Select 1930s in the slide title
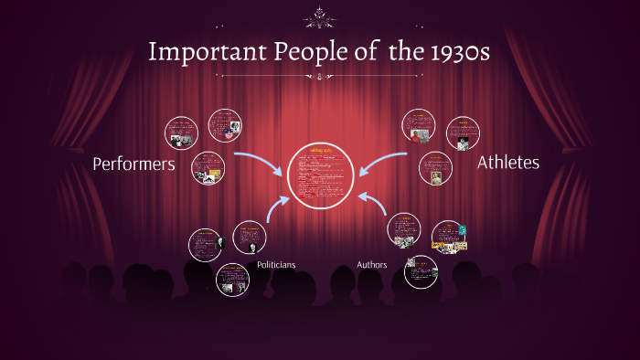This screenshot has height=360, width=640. click(452, 52)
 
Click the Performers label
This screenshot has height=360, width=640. click(133, 164)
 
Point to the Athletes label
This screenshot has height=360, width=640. click(508, 163)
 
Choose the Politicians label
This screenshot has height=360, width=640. click(276, 265)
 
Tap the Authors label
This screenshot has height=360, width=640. click(371, 265)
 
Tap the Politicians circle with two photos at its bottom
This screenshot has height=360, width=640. click(232, 280)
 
